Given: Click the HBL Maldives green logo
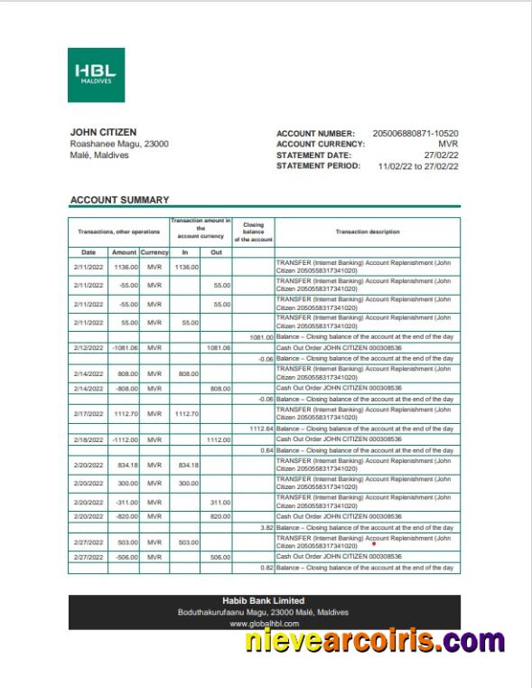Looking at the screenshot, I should coord(96,75).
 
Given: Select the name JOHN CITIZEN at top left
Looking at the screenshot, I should coord(103,132).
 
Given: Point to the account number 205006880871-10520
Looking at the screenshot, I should coord(415,133).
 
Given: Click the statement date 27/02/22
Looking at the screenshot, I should coord(442,155).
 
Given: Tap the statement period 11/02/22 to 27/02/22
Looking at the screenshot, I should coord(418,166).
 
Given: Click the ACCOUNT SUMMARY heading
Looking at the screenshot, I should coord(119,200).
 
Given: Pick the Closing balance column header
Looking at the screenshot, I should coord(253,232).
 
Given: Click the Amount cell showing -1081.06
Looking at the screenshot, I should coord(124,347).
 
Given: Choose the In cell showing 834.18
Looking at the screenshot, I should coord(184,465).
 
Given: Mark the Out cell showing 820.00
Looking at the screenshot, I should coord(217,516).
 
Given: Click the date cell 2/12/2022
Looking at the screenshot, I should coord(89,347).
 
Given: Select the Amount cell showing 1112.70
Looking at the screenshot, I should coord(124,413).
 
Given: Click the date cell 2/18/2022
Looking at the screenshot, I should coord(89,439).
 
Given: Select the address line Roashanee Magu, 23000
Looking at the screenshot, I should coord(119,144).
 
